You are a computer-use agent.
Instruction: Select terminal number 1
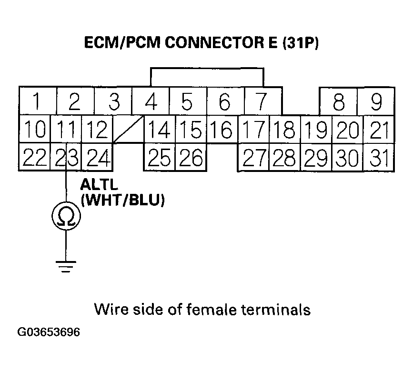(37, 101)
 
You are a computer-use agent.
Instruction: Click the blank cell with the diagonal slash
(128, 129)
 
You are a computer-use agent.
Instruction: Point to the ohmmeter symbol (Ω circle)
(66, 217)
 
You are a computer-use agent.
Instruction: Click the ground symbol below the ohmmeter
(66, 268)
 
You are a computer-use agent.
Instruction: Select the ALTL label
(98, 184)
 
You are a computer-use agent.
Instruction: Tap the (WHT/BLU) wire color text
(123, 201)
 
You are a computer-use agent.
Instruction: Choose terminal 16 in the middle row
(221, 129)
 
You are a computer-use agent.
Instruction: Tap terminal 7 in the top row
(261, 101)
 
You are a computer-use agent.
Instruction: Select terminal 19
(315, 129)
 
